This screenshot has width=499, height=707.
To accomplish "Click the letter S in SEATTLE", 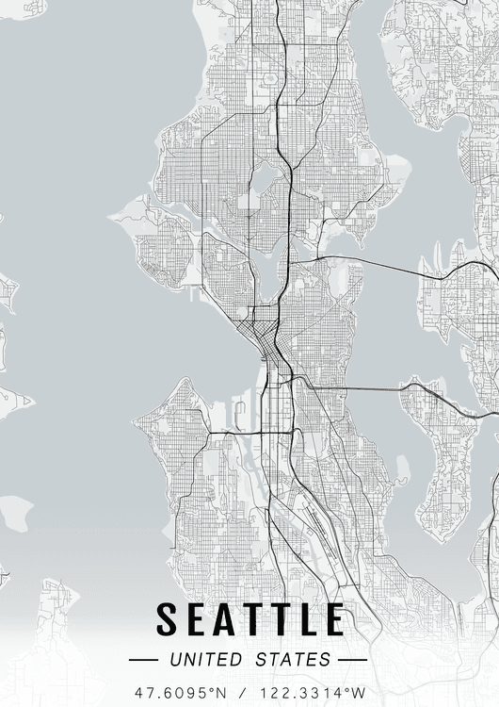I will tap(167, 619).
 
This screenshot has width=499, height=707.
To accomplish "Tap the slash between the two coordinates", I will tap(249, 693).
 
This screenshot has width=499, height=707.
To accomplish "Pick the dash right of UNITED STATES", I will tap(351, 659).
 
